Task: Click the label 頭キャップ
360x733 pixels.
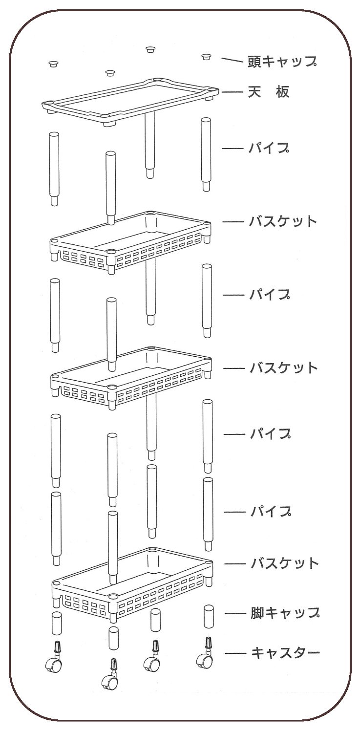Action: coord(282,62)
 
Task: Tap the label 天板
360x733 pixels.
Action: coord(269,92)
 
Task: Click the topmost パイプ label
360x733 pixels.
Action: coord(269,148)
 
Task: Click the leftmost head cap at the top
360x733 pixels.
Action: coord(53,64)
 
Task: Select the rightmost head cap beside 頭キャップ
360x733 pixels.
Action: coord(206,57)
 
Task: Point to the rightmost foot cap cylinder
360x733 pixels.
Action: coord(209,617)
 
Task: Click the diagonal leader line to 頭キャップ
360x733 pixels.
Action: coord(232,60)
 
